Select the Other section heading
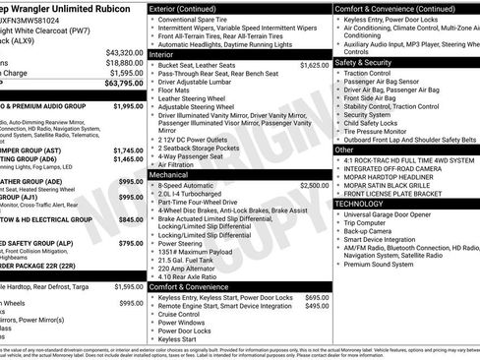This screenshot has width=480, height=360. pyautogui.click(x=344, y=150)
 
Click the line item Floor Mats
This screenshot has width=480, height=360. pyautogui.click(x=177, y=90)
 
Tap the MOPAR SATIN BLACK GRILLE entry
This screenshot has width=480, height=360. pyautogui.click(x=396, y=184)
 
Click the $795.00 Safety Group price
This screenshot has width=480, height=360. pyautogui.click(x=129, y=243)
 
